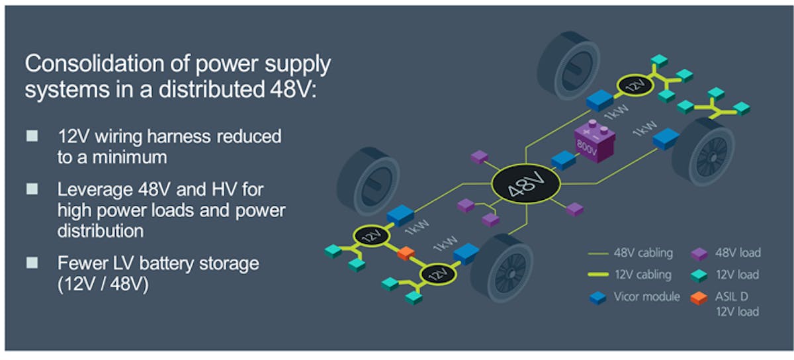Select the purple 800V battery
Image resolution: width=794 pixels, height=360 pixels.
coord(593,140)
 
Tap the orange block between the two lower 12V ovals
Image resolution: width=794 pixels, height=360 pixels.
coord(406,253)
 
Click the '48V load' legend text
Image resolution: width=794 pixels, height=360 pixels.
coord(738,252)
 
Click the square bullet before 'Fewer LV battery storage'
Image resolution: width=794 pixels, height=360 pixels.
coord(32,263)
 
